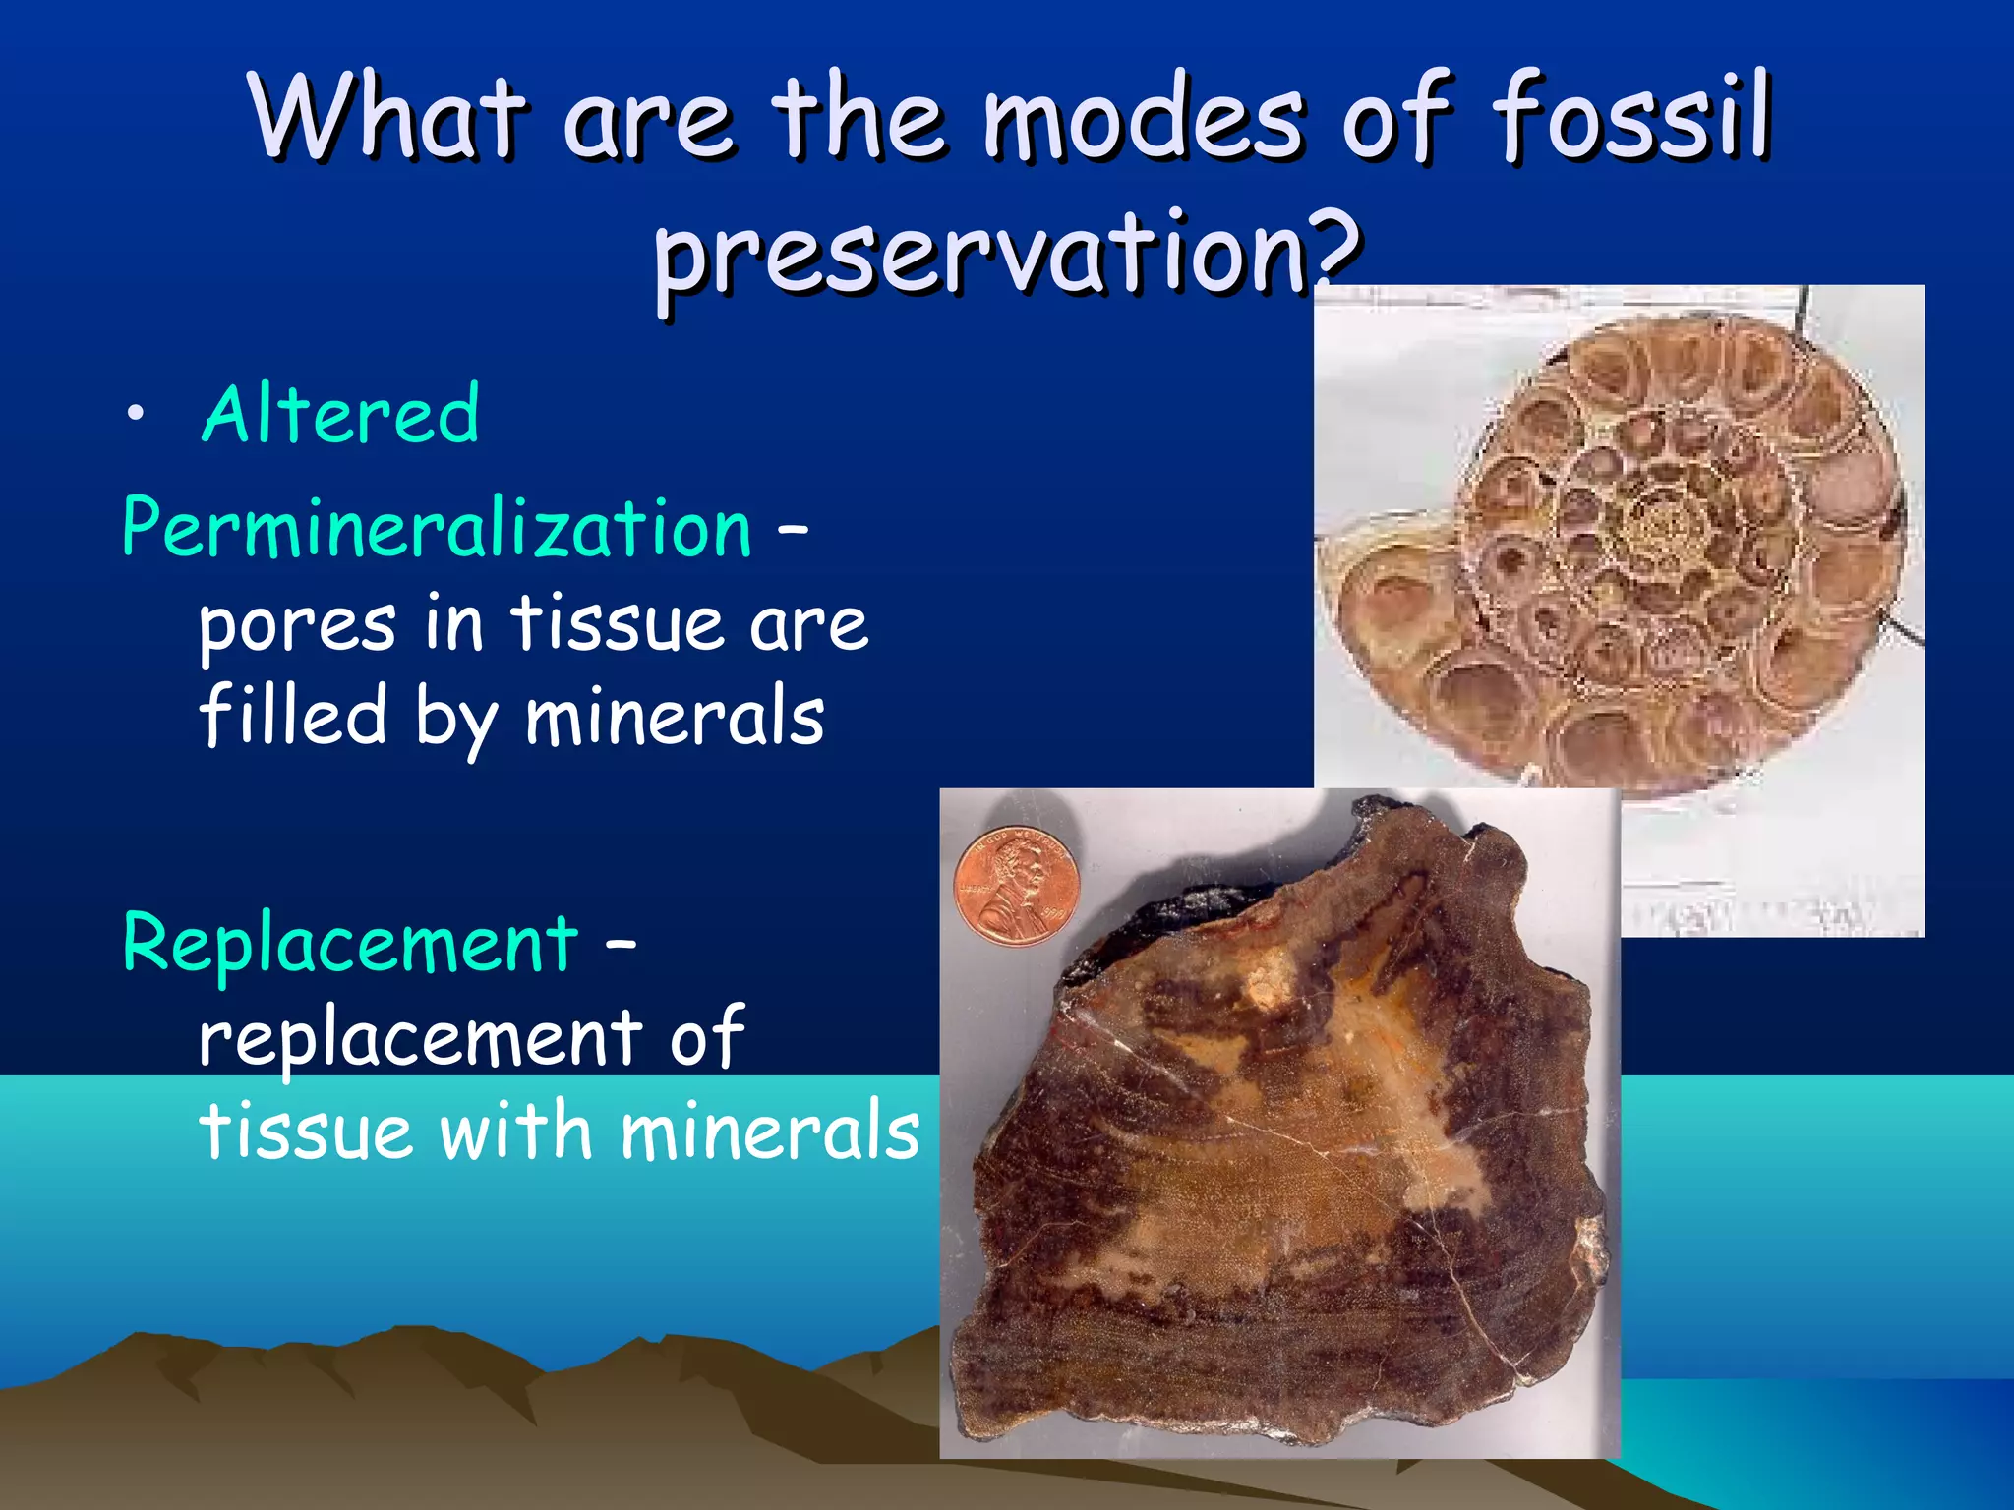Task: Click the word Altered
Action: click(340, 415)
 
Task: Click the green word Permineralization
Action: click(437, 529)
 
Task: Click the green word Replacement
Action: click(350, 944)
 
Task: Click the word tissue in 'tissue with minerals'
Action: click(305, 1131)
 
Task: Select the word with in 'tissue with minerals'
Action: click(515, 1131)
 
